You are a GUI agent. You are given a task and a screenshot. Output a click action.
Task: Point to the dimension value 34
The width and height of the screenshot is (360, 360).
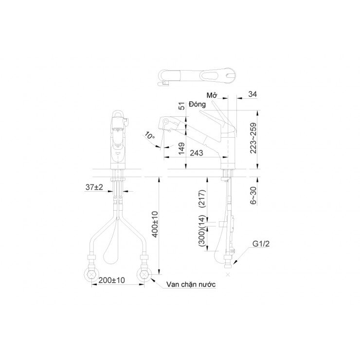[252, 94]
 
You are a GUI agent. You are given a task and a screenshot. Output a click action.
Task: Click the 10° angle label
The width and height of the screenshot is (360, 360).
[150, 137]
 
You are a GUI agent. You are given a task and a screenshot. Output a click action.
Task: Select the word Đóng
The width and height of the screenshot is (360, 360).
[198, 111]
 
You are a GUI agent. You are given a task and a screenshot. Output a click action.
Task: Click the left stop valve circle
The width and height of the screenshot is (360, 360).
[91, 273]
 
